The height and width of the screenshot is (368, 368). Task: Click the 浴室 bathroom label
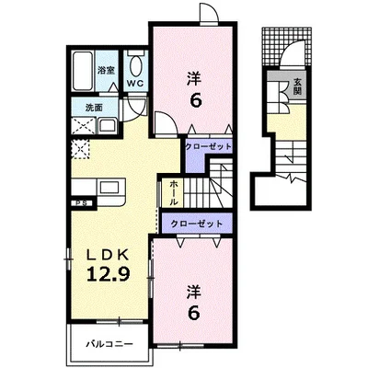pos(106,71)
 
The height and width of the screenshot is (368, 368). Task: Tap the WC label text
pos(135,83)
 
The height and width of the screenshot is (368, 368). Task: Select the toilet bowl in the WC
pos(135,64)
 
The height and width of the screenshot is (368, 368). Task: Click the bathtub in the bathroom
pos(83,71)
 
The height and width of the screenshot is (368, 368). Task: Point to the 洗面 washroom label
pos(94,108)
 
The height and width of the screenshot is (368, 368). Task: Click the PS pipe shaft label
pos(82,203)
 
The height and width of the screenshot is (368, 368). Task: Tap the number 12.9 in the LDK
pos(109,273)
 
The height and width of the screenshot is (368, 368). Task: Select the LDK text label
pos(108,254)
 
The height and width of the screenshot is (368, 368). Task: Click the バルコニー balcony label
pos(109,343)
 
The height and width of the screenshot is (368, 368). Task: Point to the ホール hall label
pos(173,193)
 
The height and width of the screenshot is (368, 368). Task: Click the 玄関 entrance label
pos(297,86)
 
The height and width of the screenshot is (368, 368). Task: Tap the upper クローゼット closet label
pos(208,146)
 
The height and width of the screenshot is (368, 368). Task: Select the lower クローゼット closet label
pos(197,224)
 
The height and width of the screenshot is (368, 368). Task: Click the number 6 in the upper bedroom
pos(196,100)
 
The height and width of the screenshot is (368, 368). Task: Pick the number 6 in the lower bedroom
pos(195,312)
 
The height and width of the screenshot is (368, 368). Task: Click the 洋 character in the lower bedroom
pos(194,292)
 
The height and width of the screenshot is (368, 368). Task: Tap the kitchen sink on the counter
pos(108,188)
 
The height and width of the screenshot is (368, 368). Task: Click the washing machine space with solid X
pos(84,126)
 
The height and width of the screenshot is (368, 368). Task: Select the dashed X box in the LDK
pos(80,149)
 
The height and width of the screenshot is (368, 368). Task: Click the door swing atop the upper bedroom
pos(209,14)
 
